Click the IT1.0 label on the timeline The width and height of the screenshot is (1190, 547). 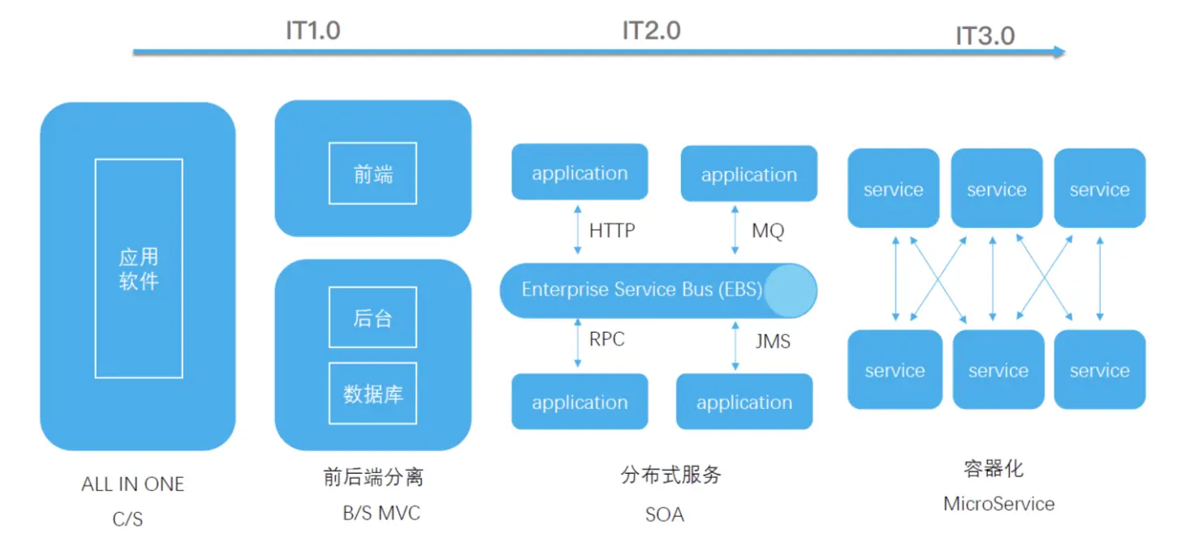pyautogui.click(x=313, y=31)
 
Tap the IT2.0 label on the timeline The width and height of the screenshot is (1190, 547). pyautogui.click(x=651, y=31)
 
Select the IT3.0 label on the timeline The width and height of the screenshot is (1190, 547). pyautogui.click(x=985, y=37)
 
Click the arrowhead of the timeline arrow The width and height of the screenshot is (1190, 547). pyautogui.click(x=1058, y=52)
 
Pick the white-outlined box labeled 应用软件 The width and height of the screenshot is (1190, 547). pyautogui.click(x=139, y=269)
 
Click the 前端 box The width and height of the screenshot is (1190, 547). pyautogui.click(x=373, y=174)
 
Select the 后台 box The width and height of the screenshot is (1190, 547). pyautogui.click(x=373, y=317)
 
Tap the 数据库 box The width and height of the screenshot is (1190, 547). pyautogui.click(x=373, y=394)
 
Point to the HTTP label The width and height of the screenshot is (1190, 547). pyautogui.click(x=612, y=230)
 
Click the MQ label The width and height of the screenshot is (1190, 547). pyautogui.click(x=768, y=231)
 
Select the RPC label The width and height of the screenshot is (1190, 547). pyautogui.click(x=607, y=339)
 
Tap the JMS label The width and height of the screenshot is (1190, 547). pyautogui.click(x=773, y=342)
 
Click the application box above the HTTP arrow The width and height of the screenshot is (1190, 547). pyautogui.click(x=580, y=173)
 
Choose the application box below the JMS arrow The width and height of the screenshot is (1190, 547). pyautogui.click(x=744, y=402)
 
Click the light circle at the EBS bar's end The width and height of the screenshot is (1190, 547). pyautogui.click(x=790, y=291)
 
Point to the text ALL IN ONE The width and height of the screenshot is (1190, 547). pyautogui.click(x=133, y=485)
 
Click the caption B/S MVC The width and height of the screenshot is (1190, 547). pyautogui.click(x=382, y=514)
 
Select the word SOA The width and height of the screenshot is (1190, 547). pyautogui.click(x=664, y=515)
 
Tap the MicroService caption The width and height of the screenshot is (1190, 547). pyautogui.click(x=998, y=504)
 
